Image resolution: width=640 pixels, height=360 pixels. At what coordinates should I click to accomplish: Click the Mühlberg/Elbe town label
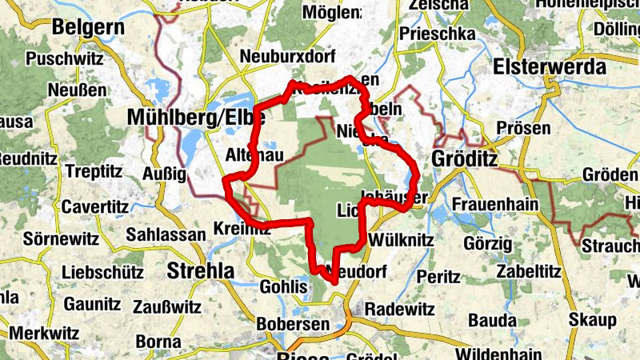183,118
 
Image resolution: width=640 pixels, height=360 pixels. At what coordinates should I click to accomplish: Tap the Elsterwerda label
550,67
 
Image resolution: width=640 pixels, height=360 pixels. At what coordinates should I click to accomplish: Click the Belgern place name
88,28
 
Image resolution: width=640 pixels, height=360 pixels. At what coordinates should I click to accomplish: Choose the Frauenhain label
494,204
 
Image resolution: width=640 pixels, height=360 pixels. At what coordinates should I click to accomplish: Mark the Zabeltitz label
526,270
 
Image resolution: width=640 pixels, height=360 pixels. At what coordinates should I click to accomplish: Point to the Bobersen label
294,324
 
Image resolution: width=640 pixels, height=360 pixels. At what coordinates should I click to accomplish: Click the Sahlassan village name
166,234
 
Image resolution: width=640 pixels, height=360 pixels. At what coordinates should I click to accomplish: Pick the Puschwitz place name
62,59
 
